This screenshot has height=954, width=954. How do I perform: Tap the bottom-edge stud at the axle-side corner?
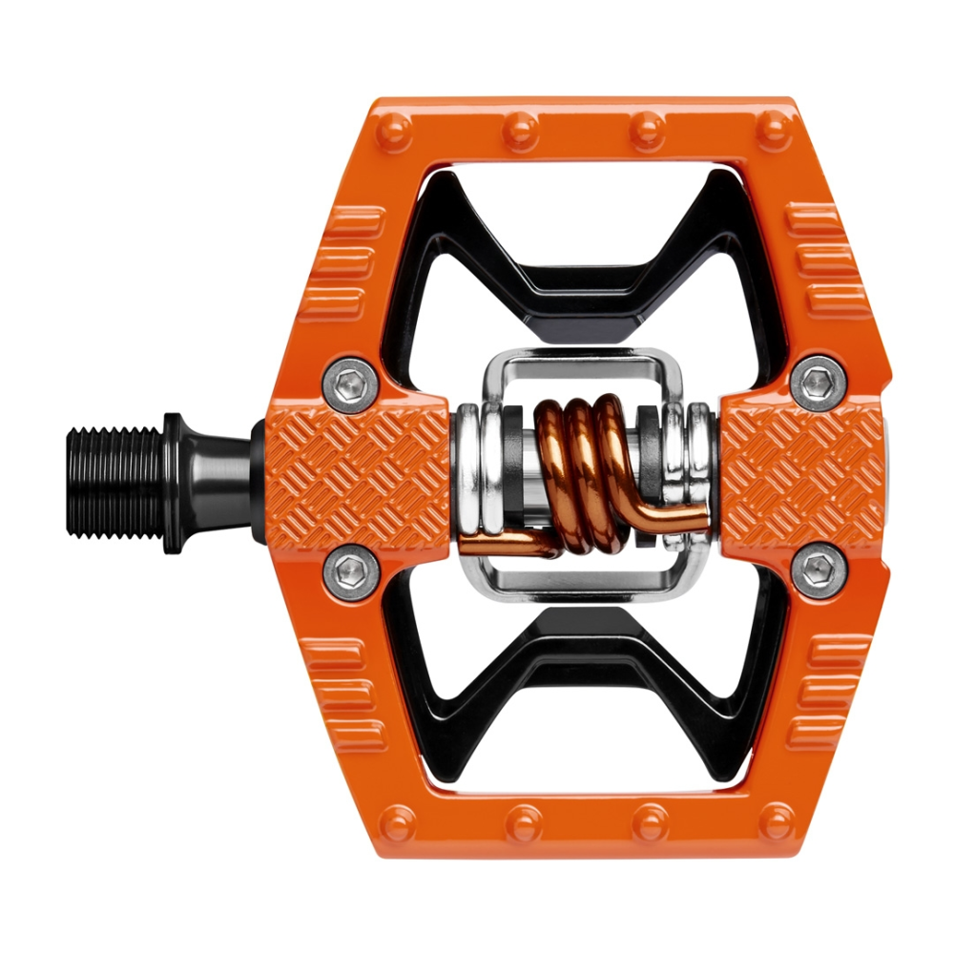(x=395, y=820)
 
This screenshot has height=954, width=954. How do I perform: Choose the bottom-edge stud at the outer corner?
(x=776, y=820)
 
